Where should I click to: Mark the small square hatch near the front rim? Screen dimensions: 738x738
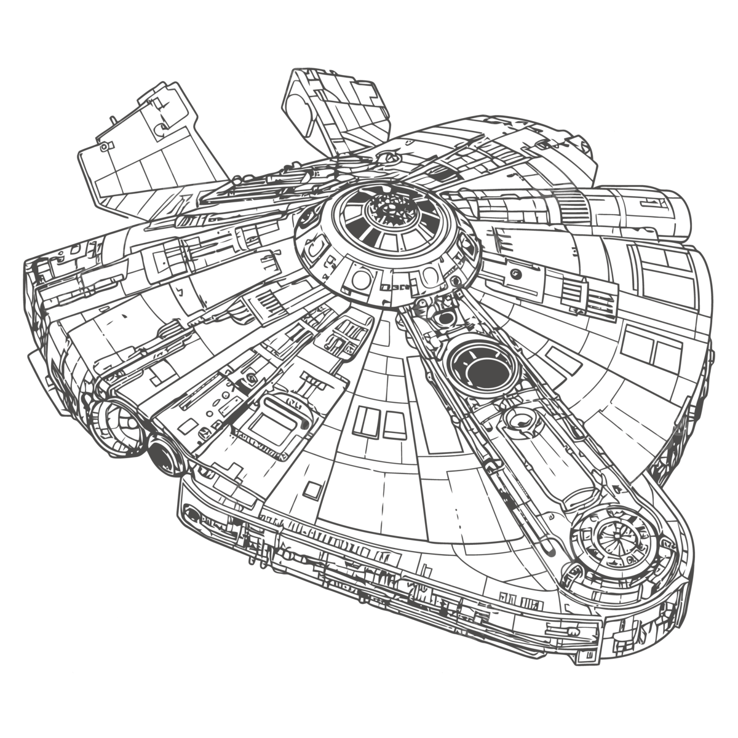pos(312,490)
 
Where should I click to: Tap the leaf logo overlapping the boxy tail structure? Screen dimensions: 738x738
pos(184,184)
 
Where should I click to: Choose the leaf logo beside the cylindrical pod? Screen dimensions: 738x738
pos(553,184)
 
